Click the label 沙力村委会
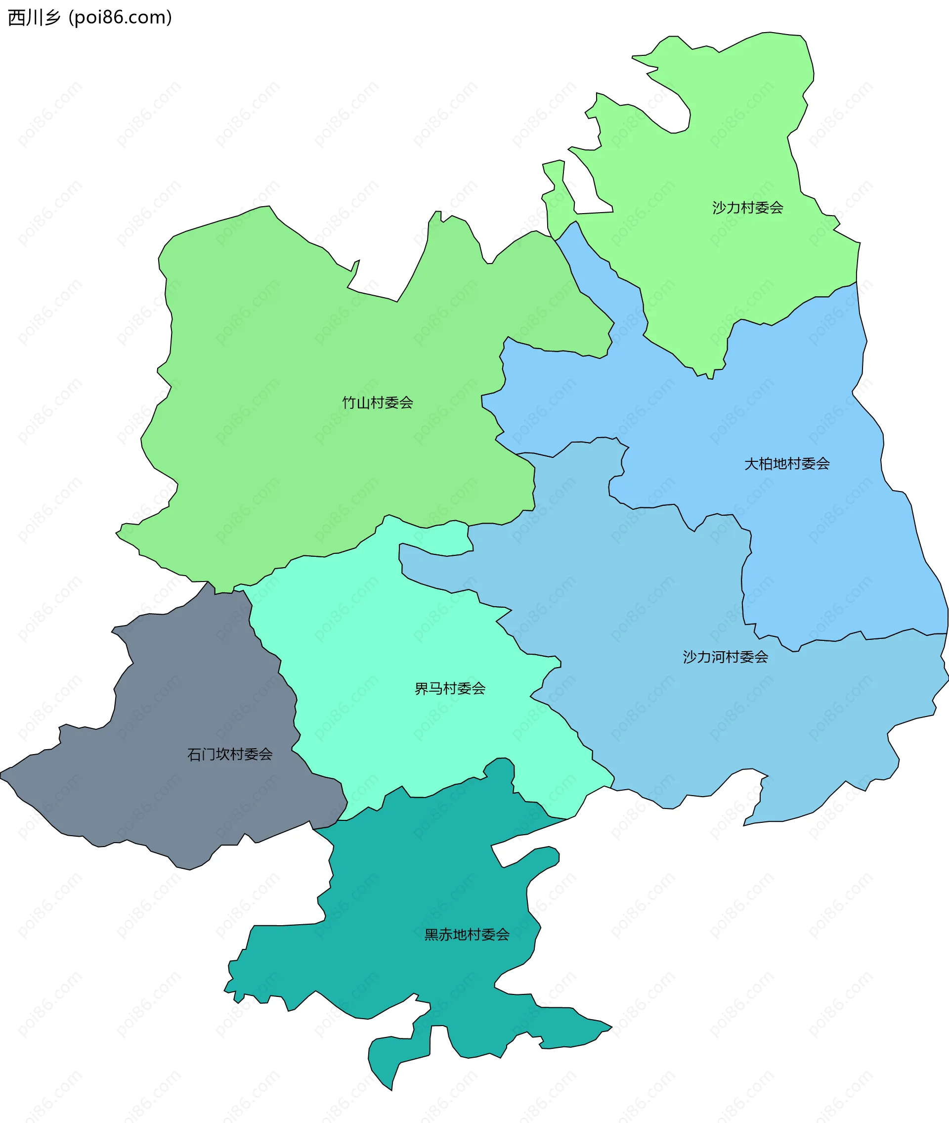coord(747,208)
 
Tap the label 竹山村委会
coord(378,403)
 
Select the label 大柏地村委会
coord(786,464)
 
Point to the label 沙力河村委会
coord(725,657)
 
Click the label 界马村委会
coord(450,689)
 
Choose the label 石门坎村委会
coord(230,755)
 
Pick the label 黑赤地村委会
coord(467,935)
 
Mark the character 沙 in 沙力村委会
coord(719,208)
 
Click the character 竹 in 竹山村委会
coord(349,403)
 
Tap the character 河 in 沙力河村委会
coord(725,657)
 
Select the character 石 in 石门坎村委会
coord(194,755)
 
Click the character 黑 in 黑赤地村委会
coord(431,935)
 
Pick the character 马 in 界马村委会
coord(436,689)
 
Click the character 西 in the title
coord(16,18)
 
